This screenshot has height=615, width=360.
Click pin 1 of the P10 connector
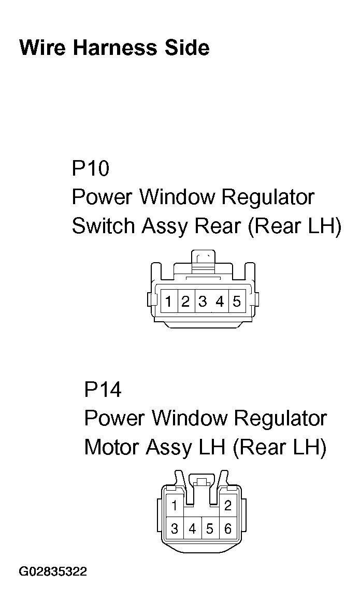point(169,301)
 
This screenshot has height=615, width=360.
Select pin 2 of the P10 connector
point(185,301)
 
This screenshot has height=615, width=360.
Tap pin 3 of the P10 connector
point(203,301)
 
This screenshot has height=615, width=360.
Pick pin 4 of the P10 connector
point(220,301)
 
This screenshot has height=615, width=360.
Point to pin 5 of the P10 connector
point(237,301)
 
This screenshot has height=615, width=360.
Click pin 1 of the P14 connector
point(175,506)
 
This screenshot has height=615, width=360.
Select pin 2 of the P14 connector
point(228,506)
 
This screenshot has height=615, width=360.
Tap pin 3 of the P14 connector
point(175,529)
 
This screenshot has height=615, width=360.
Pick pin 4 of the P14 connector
point(193,529)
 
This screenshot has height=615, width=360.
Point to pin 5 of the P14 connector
point(210,529)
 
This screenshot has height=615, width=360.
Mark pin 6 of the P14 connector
point(227,529)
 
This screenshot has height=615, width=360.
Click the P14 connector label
point(103,389)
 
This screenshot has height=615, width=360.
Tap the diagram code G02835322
point(53,572)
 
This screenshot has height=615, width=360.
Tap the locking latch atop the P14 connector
point(201,483)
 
